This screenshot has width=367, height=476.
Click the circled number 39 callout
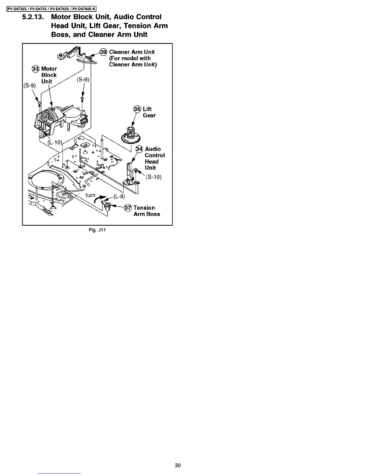tap(103, 52)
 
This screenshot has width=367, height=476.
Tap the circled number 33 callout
tap(36, 69)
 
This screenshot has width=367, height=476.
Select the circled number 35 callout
tap(137, 109)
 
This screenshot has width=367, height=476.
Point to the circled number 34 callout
tap(139, 149)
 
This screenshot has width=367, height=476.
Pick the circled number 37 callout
tap(128, 208)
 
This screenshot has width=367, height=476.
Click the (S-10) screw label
tap(154, 177)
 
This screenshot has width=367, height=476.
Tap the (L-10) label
tap(55, 142)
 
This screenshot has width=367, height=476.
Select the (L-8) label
tap(119, 197)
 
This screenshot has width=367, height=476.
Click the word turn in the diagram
tap(90, 195)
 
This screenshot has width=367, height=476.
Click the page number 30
tap(178, 465)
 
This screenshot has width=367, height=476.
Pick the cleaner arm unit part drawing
tap(78, 55)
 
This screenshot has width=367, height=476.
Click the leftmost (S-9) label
tap(29, 85)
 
